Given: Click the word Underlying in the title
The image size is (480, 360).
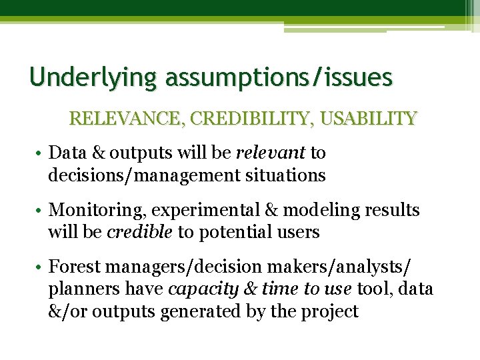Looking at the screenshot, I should click(x=93, y=78).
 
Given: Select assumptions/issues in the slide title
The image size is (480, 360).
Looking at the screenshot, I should click(x=279, y=78).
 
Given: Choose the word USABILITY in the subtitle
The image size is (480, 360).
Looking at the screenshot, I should click(x=369, y=119).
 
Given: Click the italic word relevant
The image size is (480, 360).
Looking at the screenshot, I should click(x=270, y=153).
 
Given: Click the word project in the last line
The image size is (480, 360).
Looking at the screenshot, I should click(x=331, y=311).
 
